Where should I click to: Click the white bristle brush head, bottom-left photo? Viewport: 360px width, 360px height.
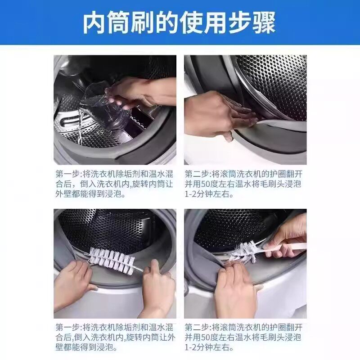click(x=110, y=260)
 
